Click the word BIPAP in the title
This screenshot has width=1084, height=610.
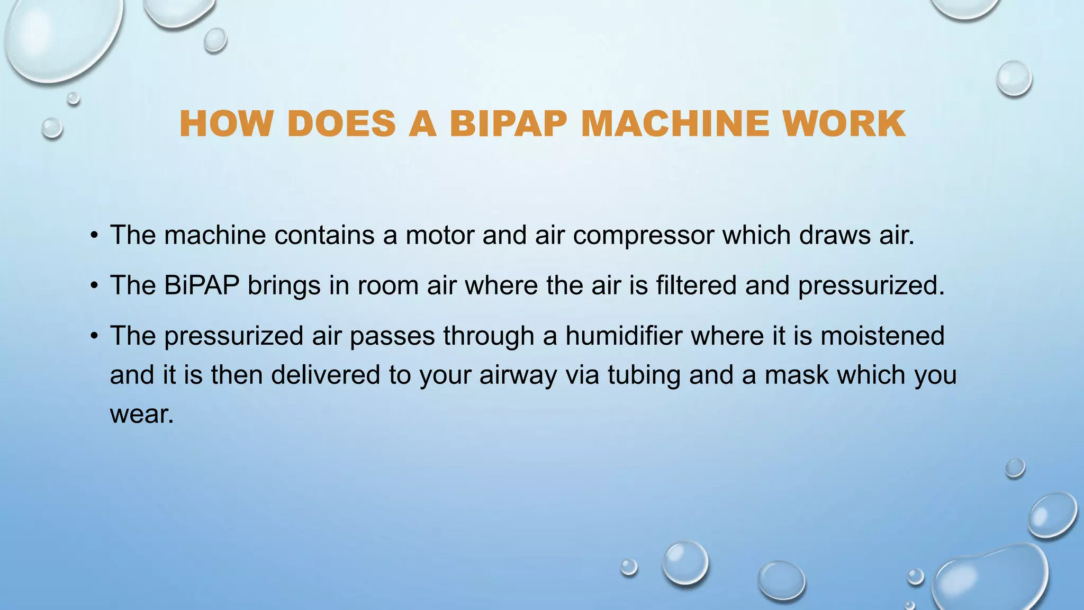pyautogui.click(x=508, y=124)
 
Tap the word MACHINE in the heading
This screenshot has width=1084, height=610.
pyautogui.click(x=675, y=124)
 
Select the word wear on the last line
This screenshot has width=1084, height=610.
pyautogui.click(x=141, y=414)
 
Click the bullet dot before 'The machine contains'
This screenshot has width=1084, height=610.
pyautogui.click(x=94, y=236)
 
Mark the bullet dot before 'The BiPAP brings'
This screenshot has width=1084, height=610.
pyautogui.click(x=94, y=286)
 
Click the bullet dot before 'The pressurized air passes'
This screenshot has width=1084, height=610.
pyautogui.click(x=94, y=336)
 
